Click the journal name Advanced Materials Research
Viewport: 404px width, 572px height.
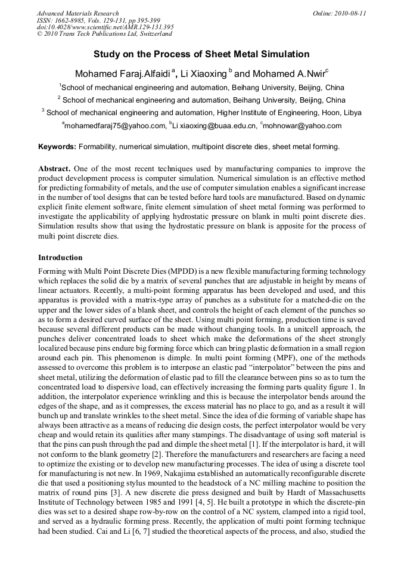[x=78, y=13]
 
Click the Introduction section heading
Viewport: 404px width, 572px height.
[x=60, y=258]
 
